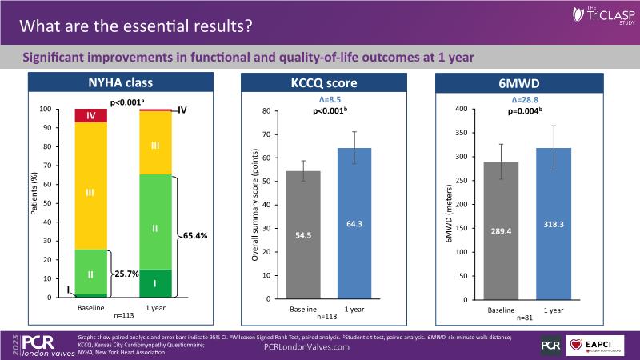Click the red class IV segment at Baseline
click(90, 115)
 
